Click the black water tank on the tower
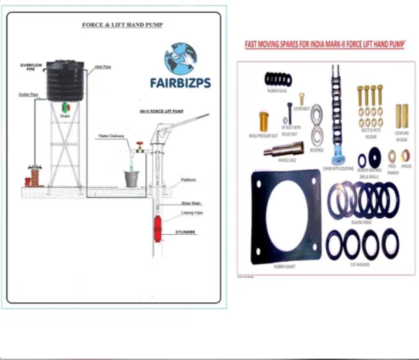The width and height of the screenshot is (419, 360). pyautogui.click(x=66, y=80)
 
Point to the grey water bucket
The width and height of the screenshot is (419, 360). pyautogui.click(x=132, y=179)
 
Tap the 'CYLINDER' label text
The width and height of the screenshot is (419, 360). pyautogui.click(x=186, y=230)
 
